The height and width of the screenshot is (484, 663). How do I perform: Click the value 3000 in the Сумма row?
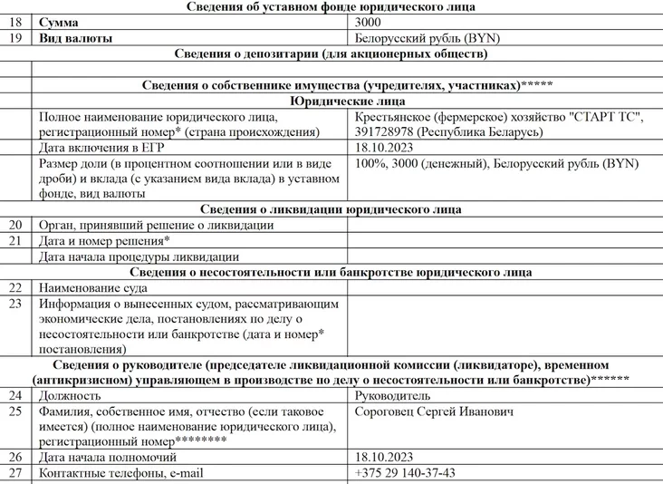click(x=369, y=22)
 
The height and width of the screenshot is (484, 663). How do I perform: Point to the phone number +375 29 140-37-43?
click(x=406, y=473)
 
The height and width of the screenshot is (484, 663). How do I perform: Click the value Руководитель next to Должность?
click(x=393, y=396)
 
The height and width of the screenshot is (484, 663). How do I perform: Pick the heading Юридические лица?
click(x=347, y=102)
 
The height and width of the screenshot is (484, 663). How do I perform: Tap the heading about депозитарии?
click(x=331, y=53)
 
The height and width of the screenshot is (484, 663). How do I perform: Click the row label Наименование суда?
click(x=93, y=287)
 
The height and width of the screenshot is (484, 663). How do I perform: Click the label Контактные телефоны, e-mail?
click(x=121, y=473)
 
